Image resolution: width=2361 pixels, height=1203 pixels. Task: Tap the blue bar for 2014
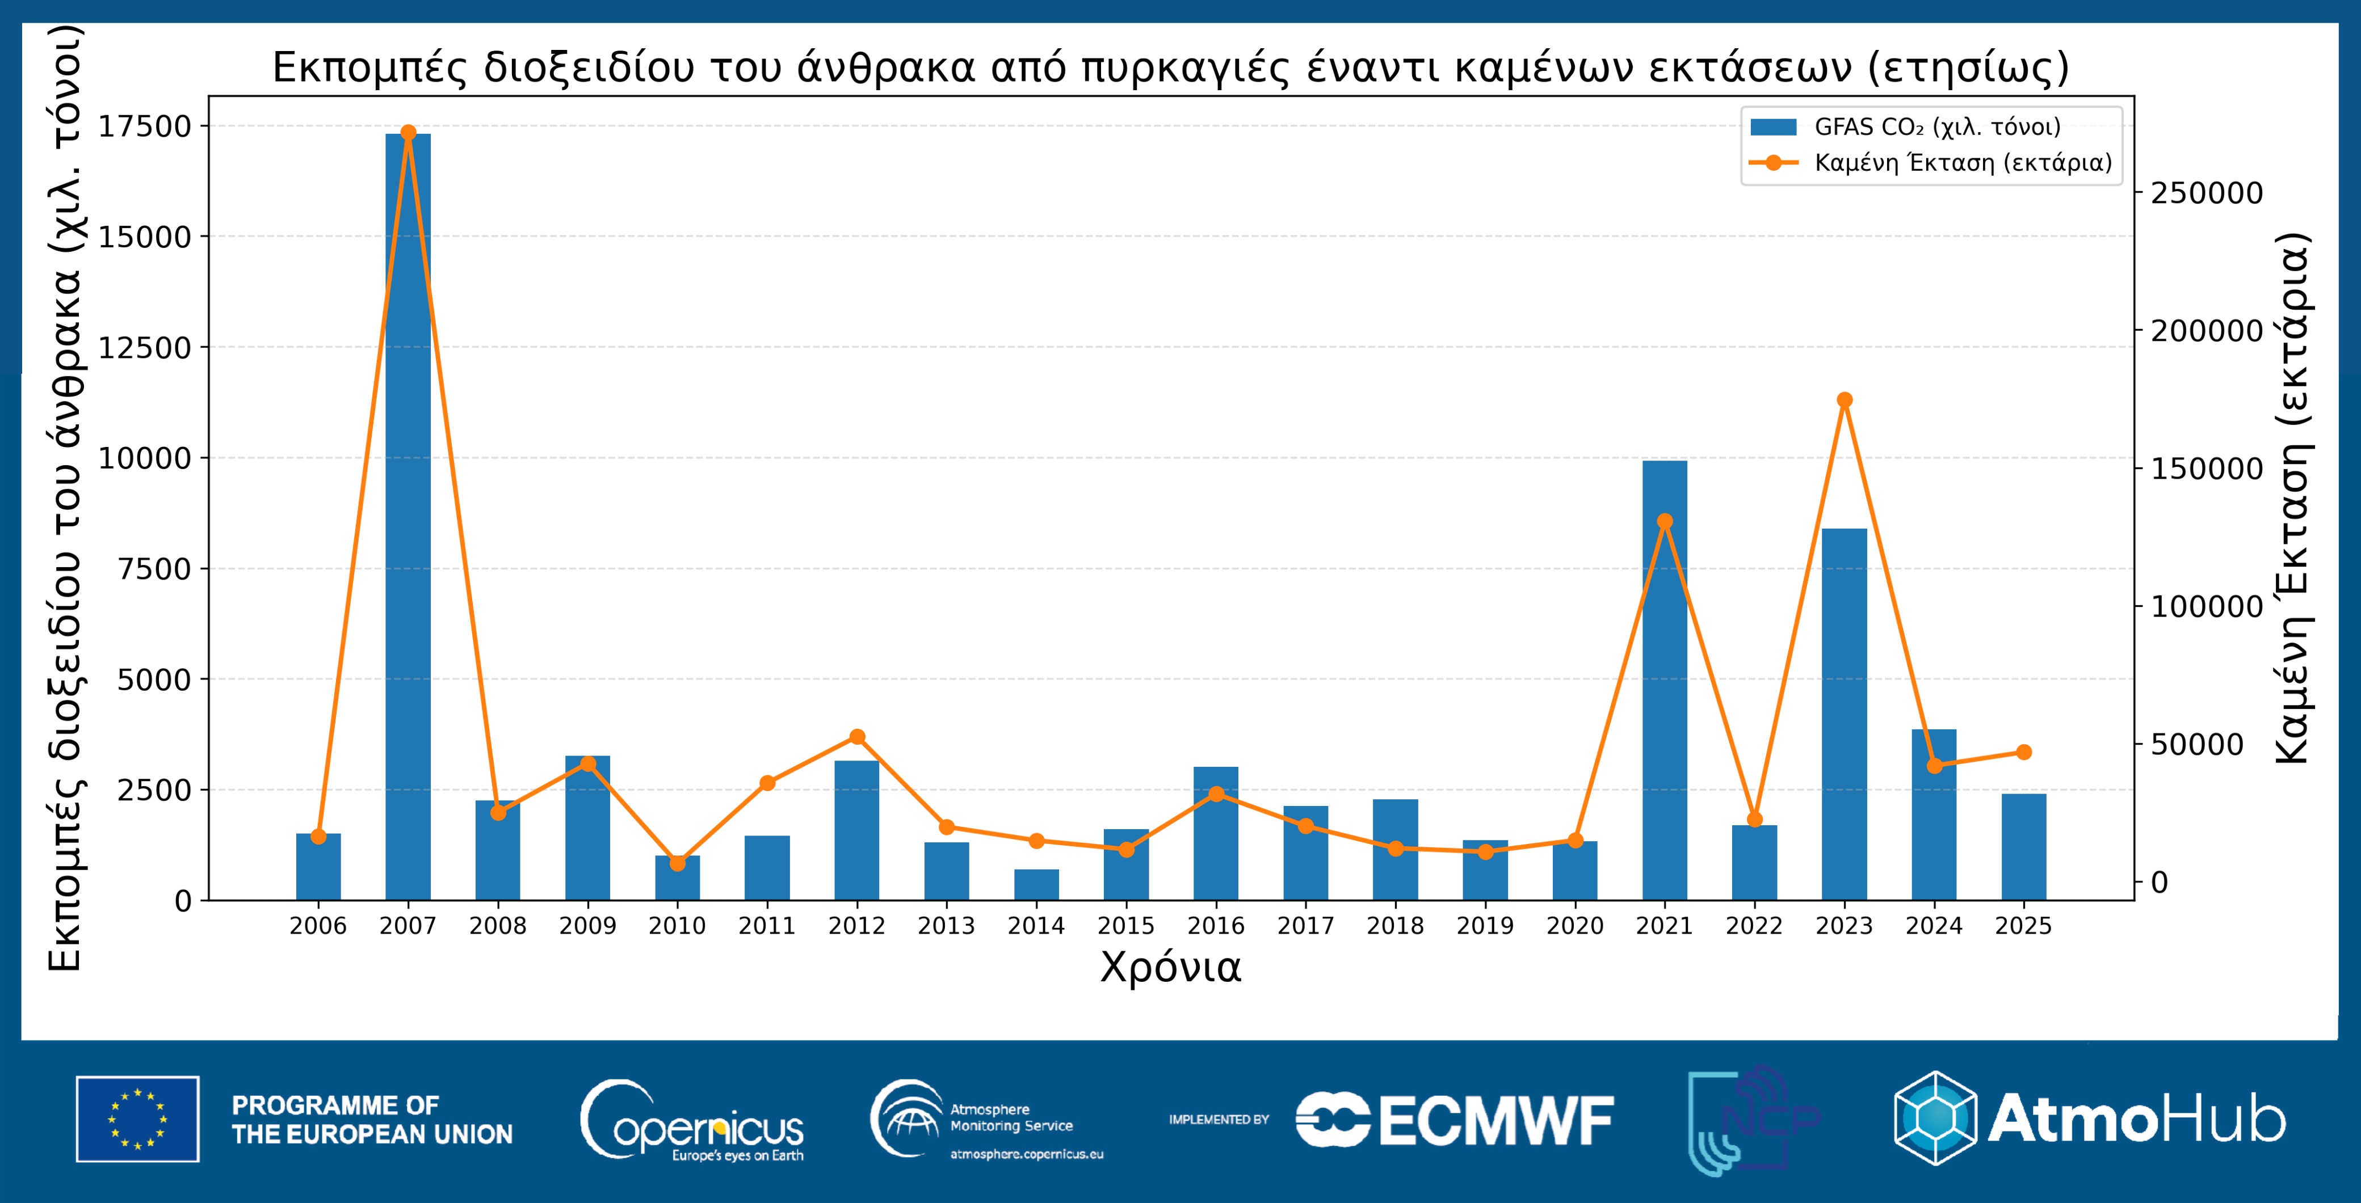coord(1036,885)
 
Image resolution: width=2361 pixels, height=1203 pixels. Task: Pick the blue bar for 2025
coord(2024,847)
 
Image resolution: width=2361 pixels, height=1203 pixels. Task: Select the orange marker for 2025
coord(2024,752)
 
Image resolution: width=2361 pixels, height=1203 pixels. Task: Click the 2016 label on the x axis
coord(1215,926)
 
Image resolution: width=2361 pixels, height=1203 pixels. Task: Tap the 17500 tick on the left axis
coord(145,126)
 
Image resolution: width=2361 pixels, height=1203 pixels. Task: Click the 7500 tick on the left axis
coord(154,569)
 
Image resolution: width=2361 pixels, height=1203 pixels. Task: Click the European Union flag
coord(137,1118)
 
